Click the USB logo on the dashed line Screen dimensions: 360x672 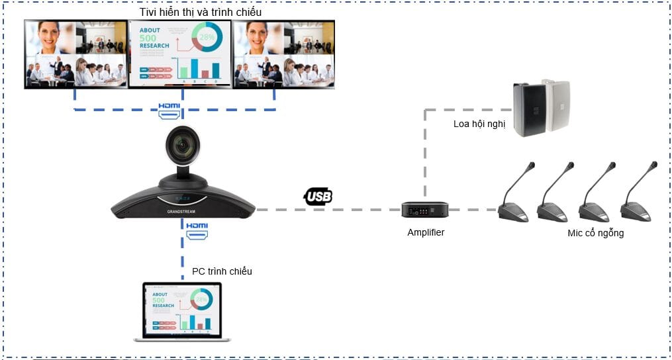tap(318, 196)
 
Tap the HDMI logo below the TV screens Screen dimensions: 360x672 tap(169, 109)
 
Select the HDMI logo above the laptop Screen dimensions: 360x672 tap(196, 229)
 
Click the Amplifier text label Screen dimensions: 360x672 tap(426, 232)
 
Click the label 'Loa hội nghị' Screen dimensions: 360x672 tap(479, 124)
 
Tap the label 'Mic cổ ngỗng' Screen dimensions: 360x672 tap(595, 233)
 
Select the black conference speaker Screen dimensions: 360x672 tap(529, 109)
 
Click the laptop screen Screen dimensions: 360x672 tap(181, 310)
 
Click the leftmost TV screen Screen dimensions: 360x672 tap(75, 54)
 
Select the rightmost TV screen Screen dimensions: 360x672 tap(284, 54)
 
